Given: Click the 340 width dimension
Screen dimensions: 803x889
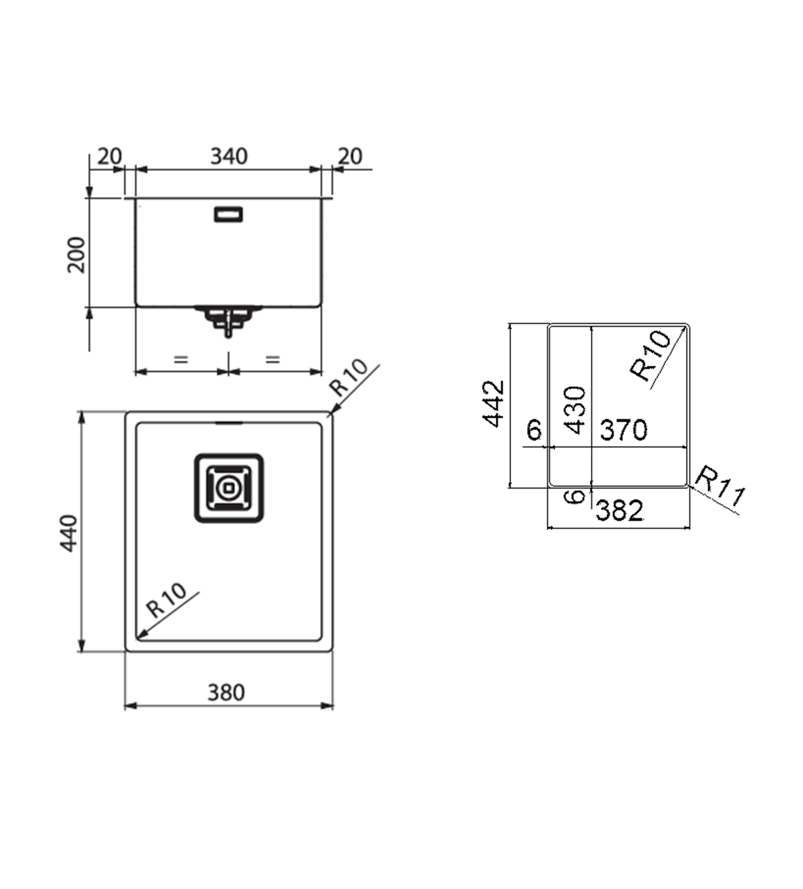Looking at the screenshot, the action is pos(229,157).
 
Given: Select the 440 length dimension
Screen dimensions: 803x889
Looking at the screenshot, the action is pos(69,533).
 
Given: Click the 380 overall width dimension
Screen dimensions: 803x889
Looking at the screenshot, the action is pos(226,693).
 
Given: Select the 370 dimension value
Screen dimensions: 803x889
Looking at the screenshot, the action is pos(623,430).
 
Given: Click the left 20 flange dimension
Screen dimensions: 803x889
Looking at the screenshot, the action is pos(109,157).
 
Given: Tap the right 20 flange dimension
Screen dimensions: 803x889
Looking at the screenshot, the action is pos(350,157).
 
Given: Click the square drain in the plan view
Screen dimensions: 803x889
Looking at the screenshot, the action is pos(229,488).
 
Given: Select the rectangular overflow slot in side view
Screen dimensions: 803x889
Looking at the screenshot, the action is pos(228,214).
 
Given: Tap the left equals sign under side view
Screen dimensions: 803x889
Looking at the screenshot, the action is pos(181,360).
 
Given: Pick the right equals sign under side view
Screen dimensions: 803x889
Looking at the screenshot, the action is pos(273,360).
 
